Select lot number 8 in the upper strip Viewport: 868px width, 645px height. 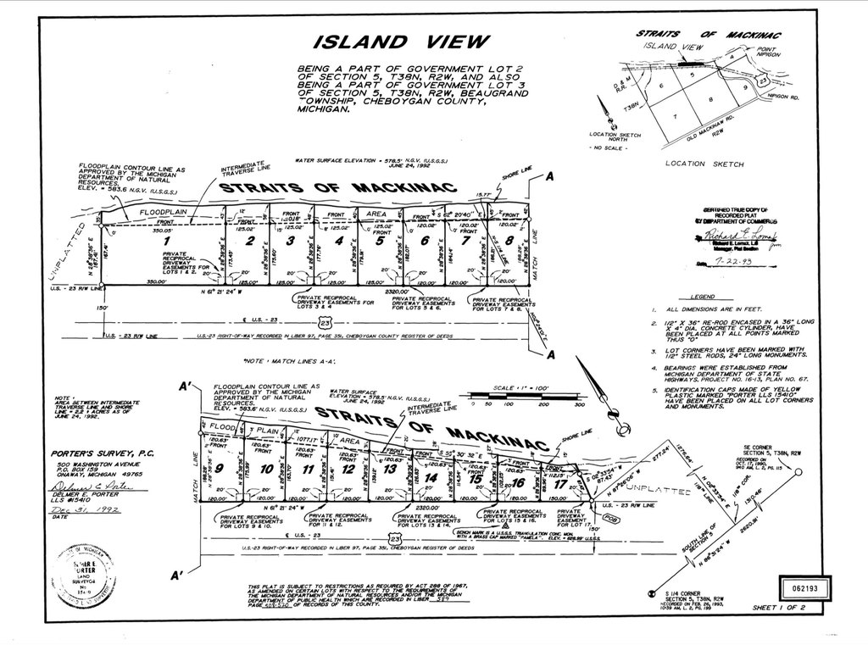pyautogui.click(x=508, y=241)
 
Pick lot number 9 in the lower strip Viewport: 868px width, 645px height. pyautogui.click(x=220, y=468)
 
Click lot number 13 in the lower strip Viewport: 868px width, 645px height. pyautogui.click(x=389, y=469)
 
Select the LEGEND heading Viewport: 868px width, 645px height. pyautogui.click(x=703, y=297)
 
